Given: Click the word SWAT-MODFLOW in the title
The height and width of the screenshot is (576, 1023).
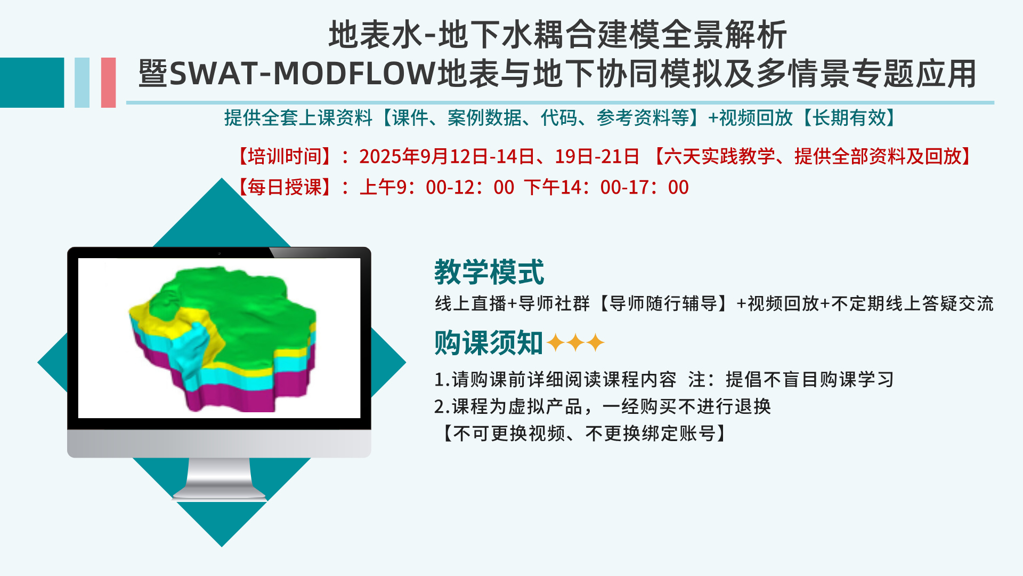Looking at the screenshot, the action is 303,74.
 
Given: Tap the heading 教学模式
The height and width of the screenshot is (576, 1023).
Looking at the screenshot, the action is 489,272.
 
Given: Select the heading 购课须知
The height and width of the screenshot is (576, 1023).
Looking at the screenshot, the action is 489,342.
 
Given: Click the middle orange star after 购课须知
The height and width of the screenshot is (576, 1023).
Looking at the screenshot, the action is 575,342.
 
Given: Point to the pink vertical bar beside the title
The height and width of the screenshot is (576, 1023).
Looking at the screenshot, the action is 108,83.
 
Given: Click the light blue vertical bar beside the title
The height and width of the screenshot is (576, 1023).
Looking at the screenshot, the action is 82,83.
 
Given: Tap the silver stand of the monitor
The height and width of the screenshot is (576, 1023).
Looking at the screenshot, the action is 219,478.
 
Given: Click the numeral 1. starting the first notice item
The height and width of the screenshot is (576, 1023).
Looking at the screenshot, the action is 442,380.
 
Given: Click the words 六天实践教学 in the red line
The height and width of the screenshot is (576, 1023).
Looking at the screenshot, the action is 719,156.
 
